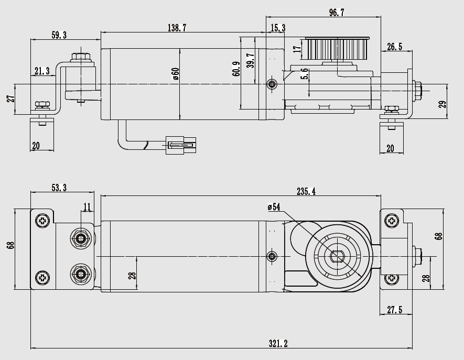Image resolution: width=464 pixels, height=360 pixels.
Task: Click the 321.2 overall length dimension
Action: tap(278, 344)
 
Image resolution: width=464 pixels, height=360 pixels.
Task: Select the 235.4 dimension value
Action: tap(306, 191)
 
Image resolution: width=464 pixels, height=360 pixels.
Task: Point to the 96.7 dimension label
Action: tap(337, 13)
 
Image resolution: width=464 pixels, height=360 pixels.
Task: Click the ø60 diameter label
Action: tap(176, 74)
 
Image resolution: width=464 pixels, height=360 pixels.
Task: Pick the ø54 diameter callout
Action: tap(274, 207)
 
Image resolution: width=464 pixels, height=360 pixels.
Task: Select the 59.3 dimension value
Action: tap(59, 35)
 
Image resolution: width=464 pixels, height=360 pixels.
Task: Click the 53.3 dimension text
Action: tap(59, 188)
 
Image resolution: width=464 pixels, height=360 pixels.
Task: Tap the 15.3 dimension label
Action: tap(278, 28)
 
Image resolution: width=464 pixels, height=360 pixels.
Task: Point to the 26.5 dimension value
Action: tap(394, 47)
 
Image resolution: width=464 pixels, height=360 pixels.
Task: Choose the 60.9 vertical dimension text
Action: tap(236, 69)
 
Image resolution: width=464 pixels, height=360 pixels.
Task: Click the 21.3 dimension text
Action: tap(42, 71)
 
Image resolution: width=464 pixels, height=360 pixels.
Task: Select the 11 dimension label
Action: tap(87, 206)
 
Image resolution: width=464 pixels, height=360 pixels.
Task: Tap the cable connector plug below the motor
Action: tap(181, 145)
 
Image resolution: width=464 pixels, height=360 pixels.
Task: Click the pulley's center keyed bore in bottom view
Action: tap(337, 256)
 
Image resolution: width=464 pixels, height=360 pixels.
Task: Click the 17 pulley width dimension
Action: tap(297, 49)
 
